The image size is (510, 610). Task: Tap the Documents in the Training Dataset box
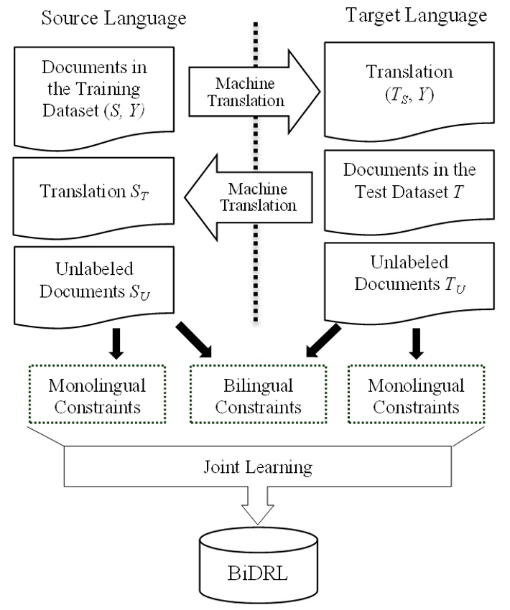[94, 93]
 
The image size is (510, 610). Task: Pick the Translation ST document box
[94, 194]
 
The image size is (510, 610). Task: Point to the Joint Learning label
[256, 468]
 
